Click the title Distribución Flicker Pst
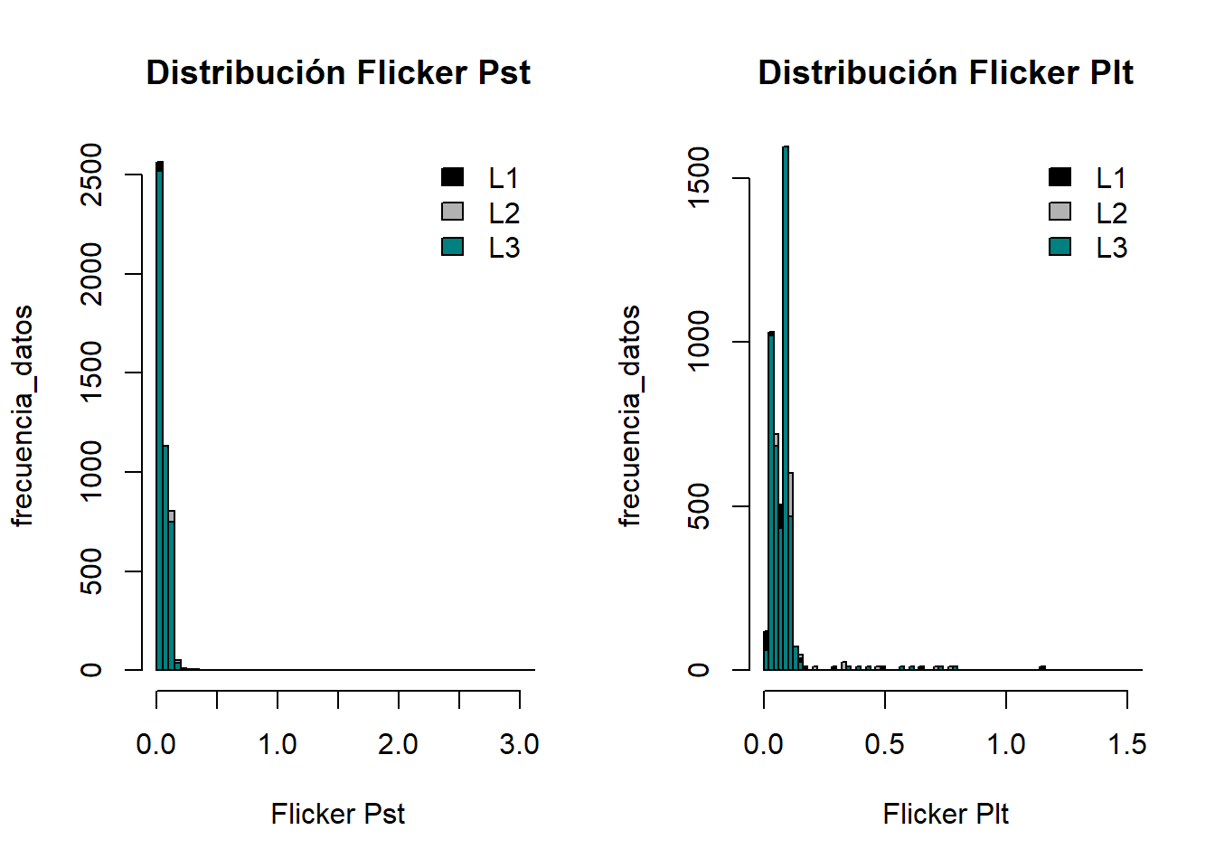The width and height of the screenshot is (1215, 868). tap(338, 72)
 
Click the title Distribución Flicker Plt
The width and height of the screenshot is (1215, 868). tap(945, 72)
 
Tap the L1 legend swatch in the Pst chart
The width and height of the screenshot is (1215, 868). tap(452, 177)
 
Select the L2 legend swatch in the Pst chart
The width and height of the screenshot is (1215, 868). tap(452, 212)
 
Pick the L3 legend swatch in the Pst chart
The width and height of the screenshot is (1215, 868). tap(452, 246)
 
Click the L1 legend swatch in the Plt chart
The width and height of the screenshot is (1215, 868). tap(1060, 177)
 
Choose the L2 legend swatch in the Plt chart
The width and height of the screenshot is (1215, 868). tap(1060, 212)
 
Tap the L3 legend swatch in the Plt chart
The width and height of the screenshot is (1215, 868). tap(1060, 246)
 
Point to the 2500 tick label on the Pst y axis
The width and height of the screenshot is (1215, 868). tap(91, 175)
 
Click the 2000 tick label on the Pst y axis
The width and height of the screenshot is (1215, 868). tap(91, 274)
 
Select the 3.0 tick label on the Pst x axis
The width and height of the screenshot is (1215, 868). tap(519, 744)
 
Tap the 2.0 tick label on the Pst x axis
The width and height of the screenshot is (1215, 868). tap(398, 744)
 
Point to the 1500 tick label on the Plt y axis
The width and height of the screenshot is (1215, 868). tap(699, 178)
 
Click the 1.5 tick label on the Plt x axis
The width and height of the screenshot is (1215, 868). tap(1126, 744)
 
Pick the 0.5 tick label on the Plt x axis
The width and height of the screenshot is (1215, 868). tap(884, 744)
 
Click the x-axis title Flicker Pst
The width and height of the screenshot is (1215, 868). tap(337, 814)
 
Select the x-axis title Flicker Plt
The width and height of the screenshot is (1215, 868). tap(945, 814)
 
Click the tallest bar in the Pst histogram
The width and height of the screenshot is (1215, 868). tap(159, 416)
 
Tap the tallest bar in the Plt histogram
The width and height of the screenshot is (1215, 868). tap(786, 407)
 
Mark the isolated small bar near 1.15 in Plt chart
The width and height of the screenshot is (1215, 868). tap(1042, 668)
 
